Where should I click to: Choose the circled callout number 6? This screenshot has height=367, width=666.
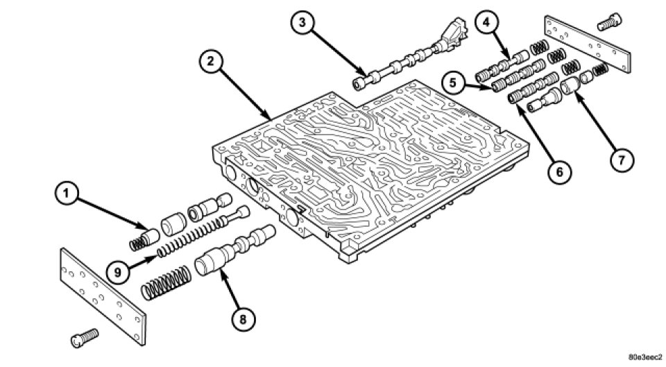(560, 172)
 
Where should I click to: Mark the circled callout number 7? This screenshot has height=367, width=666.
(621, 160)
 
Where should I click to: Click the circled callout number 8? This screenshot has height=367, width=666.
(243, 319)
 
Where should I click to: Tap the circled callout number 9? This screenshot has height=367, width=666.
(118, 272)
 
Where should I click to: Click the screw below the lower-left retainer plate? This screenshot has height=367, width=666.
(85, 338)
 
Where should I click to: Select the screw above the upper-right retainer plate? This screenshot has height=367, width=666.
(610, 22)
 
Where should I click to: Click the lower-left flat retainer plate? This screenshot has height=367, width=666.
(103, 296)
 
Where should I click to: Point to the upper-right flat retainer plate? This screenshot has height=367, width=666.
(588, 44)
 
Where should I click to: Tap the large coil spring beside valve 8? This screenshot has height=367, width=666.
(166, 283)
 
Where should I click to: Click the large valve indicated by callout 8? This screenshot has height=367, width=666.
(235, 250)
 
